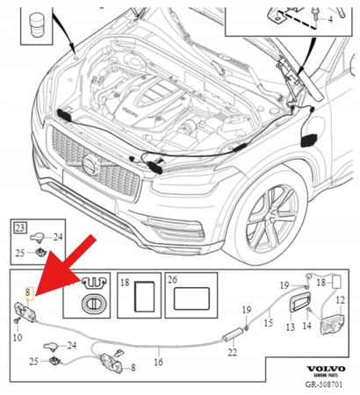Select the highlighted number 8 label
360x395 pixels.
(29, 289)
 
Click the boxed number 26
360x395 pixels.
(172, 284)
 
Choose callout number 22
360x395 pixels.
(233, 354)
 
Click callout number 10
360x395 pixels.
(18, 337)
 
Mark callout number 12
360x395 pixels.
(341, 300)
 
